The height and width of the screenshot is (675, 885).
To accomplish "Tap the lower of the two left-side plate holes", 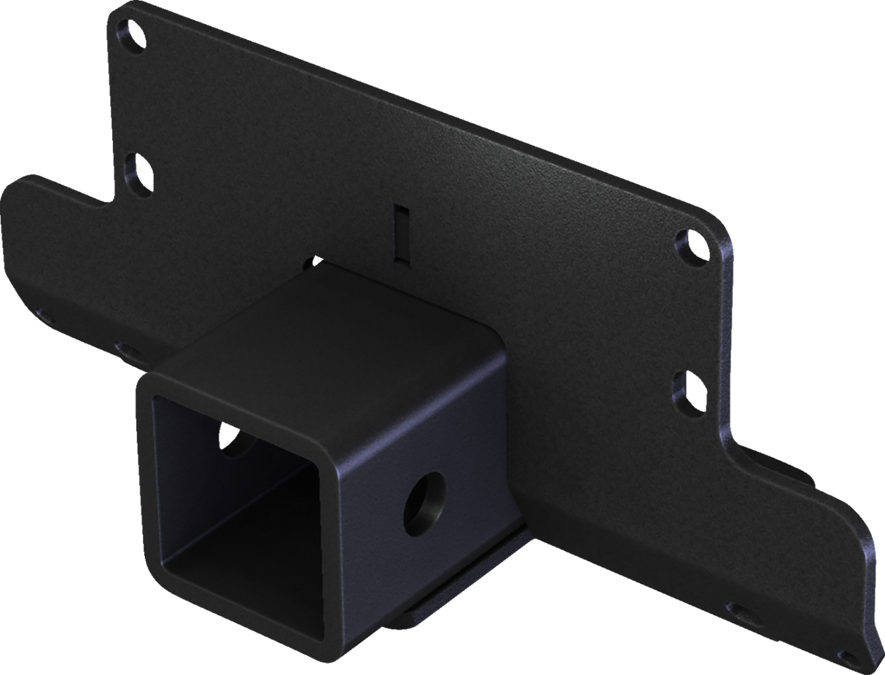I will coord(138,174).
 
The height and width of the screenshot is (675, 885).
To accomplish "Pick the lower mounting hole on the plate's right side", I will coord(689,393).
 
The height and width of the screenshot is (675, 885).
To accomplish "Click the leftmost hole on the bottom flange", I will coord(45,315).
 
